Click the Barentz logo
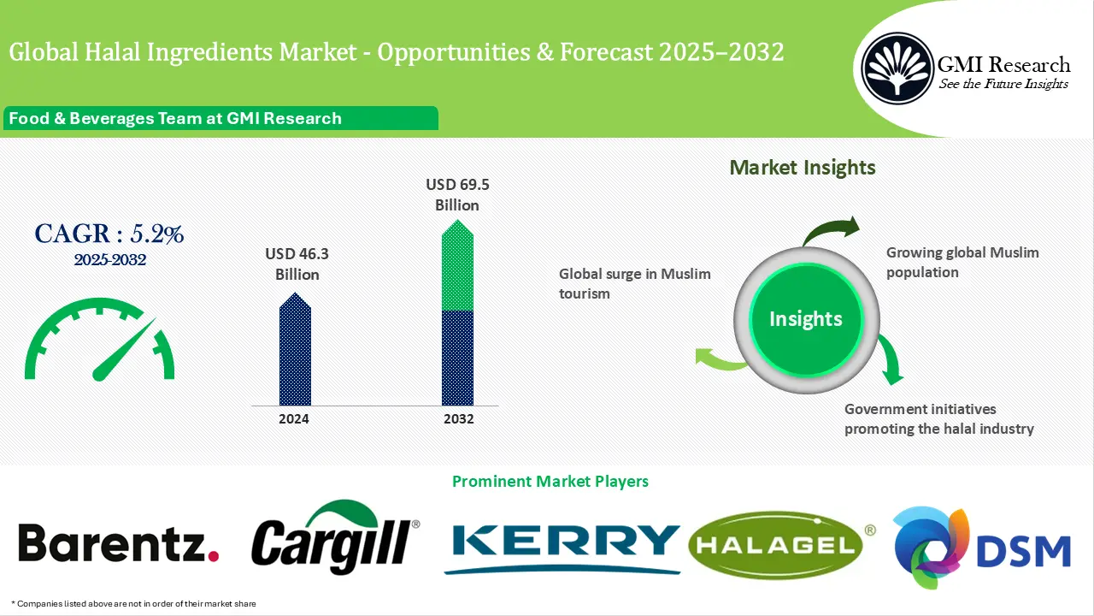pyautogui.click(x=119, y=543)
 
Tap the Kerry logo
pyautogui.click(x=562, y=543)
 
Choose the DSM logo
pyautogui.click(x=981, y=548)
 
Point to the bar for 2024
pyautogui.click(x=295, y=351)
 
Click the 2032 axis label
pyautogui.click(x=457, y=419)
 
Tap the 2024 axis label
pyautogui.click(x=295, y=419)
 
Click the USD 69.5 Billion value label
pyautogui.click(x=457, y=194)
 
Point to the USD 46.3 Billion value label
pyautogui.click(x=297, y=264)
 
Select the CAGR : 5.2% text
pyautogui.click(x=109, y=234)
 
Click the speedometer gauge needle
pyautogui.click(x=124, y=351)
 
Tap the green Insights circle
pyautogui.click(x=805, y=319)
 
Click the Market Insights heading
pyautogui.click(x=803, y=167)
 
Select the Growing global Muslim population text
pyautogui.click(x=962, y=263)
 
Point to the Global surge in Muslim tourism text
pyautogui.click(x=634, y=283)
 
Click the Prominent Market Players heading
pyautogui.click(x=550, y=482)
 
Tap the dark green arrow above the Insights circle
pyautogui.click(x=829, y=231)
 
